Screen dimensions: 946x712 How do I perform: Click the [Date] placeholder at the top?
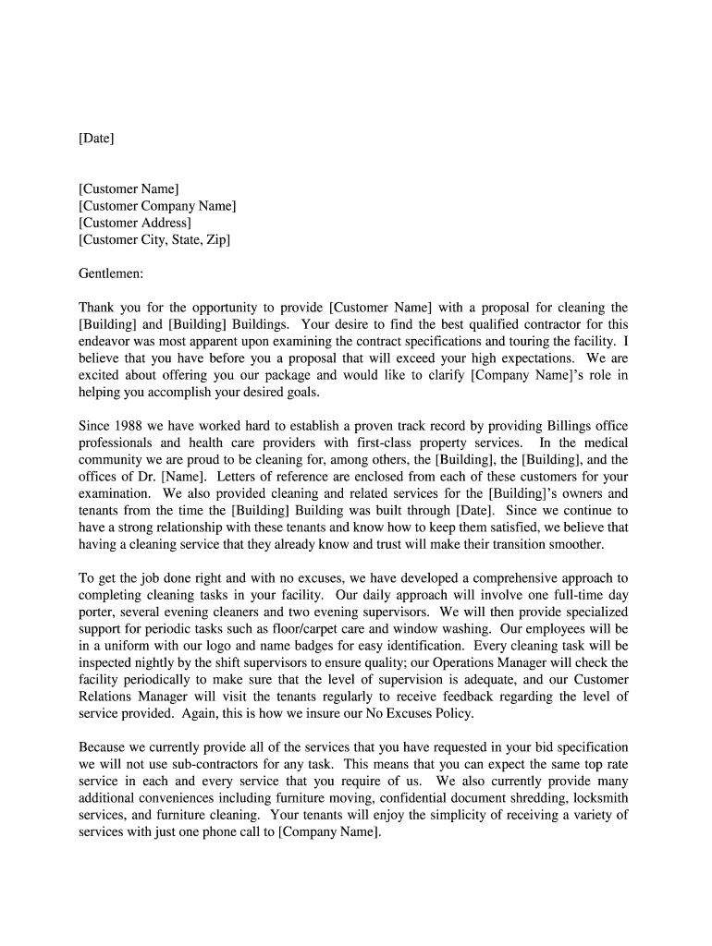click(96, 139)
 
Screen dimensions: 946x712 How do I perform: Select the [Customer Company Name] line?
click(157, 206)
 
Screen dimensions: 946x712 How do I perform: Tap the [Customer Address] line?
click(135, 223)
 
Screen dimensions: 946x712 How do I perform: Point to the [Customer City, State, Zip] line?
click(154, 239)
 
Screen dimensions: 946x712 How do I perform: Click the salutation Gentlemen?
click(112, 273)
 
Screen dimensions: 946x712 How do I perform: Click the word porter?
click(98, 612)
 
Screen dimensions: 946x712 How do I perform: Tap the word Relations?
click(107, 697)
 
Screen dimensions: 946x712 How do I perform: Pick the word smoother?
click(575, 544)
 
